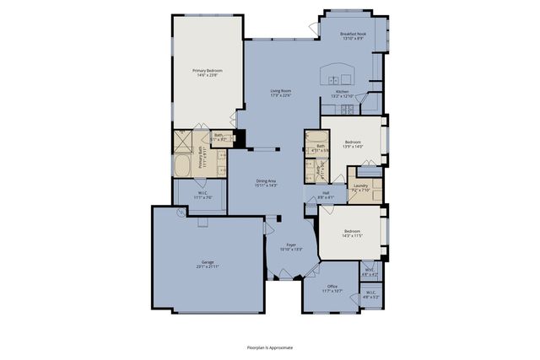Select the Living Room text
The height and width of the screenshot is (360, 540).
click(280, 93)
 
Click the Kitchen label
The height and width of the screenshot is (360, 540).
click(342, 94)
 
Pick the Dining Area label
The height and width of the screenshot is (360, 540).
click(267, 183)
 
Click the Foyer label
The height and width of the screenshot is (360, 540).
click(290, 248)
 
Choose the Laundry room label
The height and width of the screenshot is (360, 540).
click(360, 188)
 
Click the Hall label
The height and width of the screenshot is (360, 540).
click(326, 196)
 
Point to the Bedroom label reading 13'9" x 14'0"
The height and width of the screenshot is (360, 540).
click(352, 144)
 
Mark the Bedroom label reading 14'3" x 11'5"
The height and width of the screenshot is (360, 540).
click(352, 233)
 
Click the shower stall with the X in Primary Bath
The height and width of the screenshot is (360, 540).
click(184, 141)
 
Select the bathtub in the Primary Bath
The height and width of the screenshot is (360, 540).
click(184, 164)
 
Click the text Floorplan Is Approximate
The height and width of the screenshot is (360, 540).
click(269, 347)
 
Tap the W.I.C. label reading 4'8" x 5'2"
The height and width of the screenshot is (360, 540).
click(370, 296)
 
